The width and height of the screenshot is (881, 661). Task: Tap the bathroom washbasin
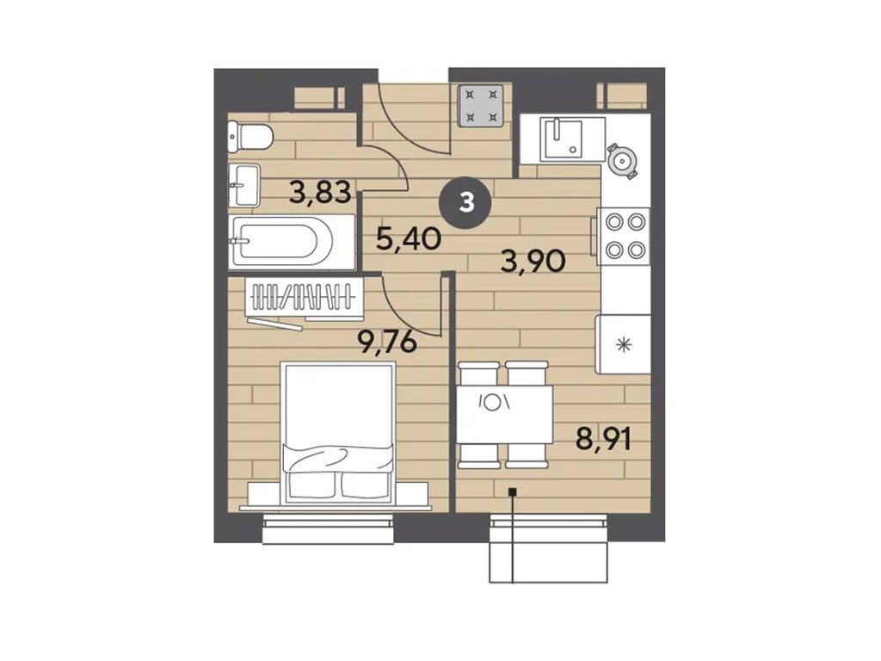click(243, 185)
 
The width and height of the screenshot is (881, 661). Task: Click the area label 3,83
click(320, 191)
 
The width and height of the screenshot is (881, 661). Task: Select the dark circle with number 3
click(466, 202)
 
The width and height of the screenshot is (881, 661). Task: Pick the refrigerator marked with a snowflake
click(623, 344)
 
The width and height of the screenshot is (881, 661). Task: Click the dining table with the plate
click(504, 415)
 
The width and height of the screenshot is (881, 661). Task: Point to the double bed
click(338, 433)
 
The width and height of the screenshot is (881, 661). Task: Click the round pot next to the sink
click(623, 160)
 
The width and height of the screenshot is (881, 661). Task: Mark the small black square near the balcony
click(512, 492)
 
